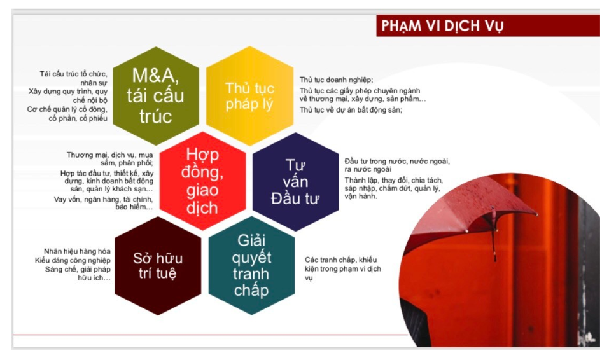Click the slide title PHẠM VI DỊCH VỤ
tap(443, 26)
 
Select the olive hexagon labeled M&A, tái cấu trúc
tap(156, 95)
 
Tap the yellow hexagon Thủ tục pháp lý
tap(249, 95)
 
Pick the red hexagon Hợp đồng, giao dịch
tap(202, 181)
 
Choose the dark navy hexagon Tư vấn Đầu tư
tap(295, 182)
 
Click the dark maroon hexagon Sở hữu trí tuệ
tap(158, 266)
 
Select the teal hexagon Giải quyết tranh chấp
tap(252, 266)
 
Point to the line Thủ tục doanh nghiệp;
tap(336, 80)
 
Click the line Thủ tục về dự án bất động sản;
tap(351, 110)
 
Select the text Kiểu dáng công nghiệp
tap(73, 260)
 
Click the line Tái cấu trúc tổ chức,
tap(73, 74)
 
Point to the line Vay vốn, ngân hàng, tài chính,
tap(103, 199)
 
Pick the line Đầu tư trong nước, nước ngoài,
tap(396, 162)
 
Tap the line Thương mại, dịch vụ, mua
tap(109, 155)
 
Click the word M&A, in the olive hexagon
tap(156, 76)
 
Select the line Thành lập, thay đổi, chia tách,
tap(393, 180)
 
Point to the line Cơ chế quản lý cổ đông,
tap(67, 109)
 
